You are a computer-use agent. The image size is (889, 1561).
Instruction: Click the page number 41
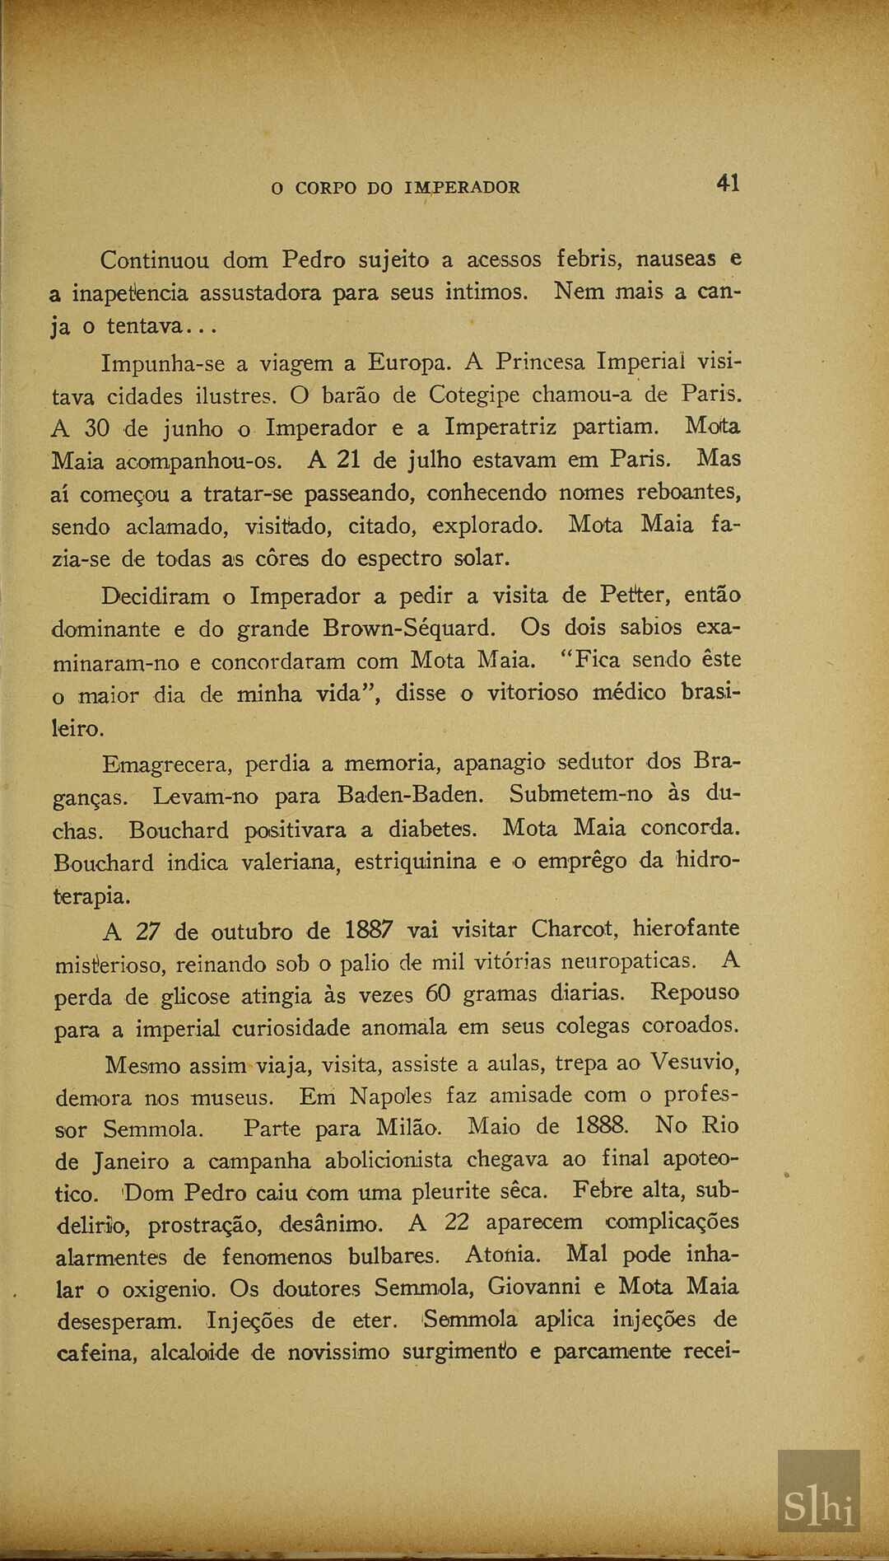click(x=728, y=183)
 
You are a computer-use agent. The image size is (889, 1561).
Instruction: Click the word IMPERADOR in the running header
click(x=462, y=188)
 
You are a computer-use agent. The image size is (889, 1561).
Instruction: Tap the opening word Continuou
click(x=155, y=260)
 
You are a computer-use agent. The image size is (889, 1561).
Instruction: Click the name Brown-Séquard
click(x=409, y=629)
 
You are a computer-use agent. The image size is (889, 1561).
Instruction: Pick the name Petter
click(x=633, y=595)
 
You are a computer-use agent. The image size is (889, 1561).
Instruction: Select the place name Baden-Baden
click(x=409, y=796)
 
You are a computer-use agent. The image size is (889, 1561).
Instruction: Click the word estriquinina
click(x=415, y=862)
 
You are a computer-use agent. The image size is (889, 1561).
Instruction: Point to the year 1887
click(x=369, y=931)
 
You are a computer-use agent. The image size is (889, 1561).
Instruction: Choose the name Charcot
click(x=574, y=929)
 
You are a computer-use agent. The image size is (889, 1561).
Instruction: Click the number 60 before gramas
click(x=438, y=994)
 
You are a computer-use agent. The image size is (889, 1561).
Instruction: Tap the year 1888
click(x=602, y=1125)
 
